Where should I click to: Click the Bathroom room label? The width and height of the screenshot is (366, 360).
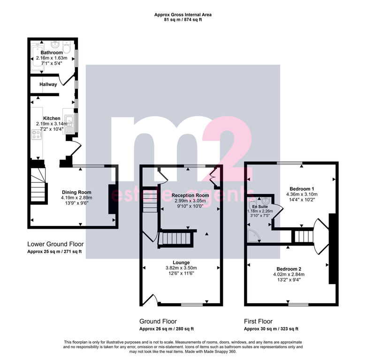52,52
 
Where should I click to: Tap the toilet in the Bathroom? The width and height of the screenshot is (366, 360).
67,47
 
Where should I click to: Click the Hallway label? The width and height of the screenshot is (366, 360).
48,84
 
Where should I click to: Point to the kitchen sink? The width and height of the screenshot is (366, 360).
69,124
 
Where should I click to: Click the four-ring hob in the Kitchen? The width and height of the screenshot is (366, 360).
37,135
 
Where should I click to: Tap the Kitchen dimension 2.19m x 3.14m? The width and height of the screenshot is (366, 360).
52,124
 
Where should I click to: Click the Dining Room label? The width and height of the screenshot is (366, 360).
76,192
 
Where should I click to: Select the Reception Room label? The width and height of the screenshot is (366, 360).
190,195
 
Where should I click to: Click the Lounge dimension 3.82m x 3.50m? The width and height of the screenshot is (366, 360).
181,268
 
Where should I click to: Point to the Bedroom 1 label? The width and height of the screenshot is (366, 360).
302,189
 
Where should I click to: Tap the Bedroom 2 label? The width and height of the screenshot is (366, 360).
289,269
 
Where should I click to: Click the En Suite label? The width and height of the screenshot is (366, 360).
260,207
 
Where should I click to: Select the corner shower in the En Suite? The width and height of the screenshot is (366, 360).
254,236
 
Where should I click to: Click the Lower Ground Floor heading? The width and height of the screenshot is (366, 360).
55,244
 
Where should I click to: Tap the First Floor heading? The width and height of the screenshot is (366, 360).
258,322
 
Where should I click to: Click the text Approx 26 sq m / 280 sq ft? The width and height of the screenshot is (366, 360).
167,329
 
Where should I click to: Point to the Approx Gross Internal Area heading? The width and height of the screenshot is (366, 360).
183,15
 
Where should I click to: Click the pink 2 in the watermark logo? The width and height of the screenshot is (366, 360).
228,149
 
